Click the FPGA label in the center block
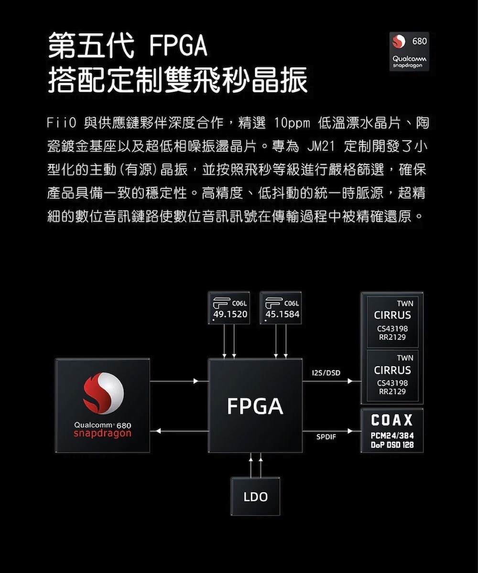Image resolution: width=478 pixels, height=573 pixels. pos(255,406)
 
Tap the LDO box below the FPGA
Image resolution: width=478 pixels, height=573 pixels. pos(255,497)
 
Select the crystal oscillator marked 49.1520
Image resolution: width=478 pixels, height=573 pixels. pos(229,308)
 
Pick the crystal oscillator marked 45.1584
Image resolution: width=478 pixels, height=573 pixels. pos(281,308)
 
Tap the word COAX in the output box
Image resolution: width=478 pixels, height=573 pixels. pos(392,421)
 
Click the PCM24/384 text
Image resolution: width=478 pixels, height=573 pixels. pos(392,436)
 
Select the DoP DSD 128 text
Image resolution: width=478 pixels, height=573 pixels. pos(392,445)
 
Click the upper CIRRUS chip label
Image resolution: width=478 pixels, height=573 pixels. pos(392,315)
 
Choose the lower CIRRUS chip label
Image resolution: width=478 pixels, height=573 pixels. pos(392,370)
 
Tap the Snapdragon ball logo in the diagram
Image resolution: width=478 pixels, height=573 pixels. pos(103,393)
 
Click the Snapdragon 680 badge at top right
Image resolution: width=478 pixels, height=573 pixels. pos(409,51)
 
